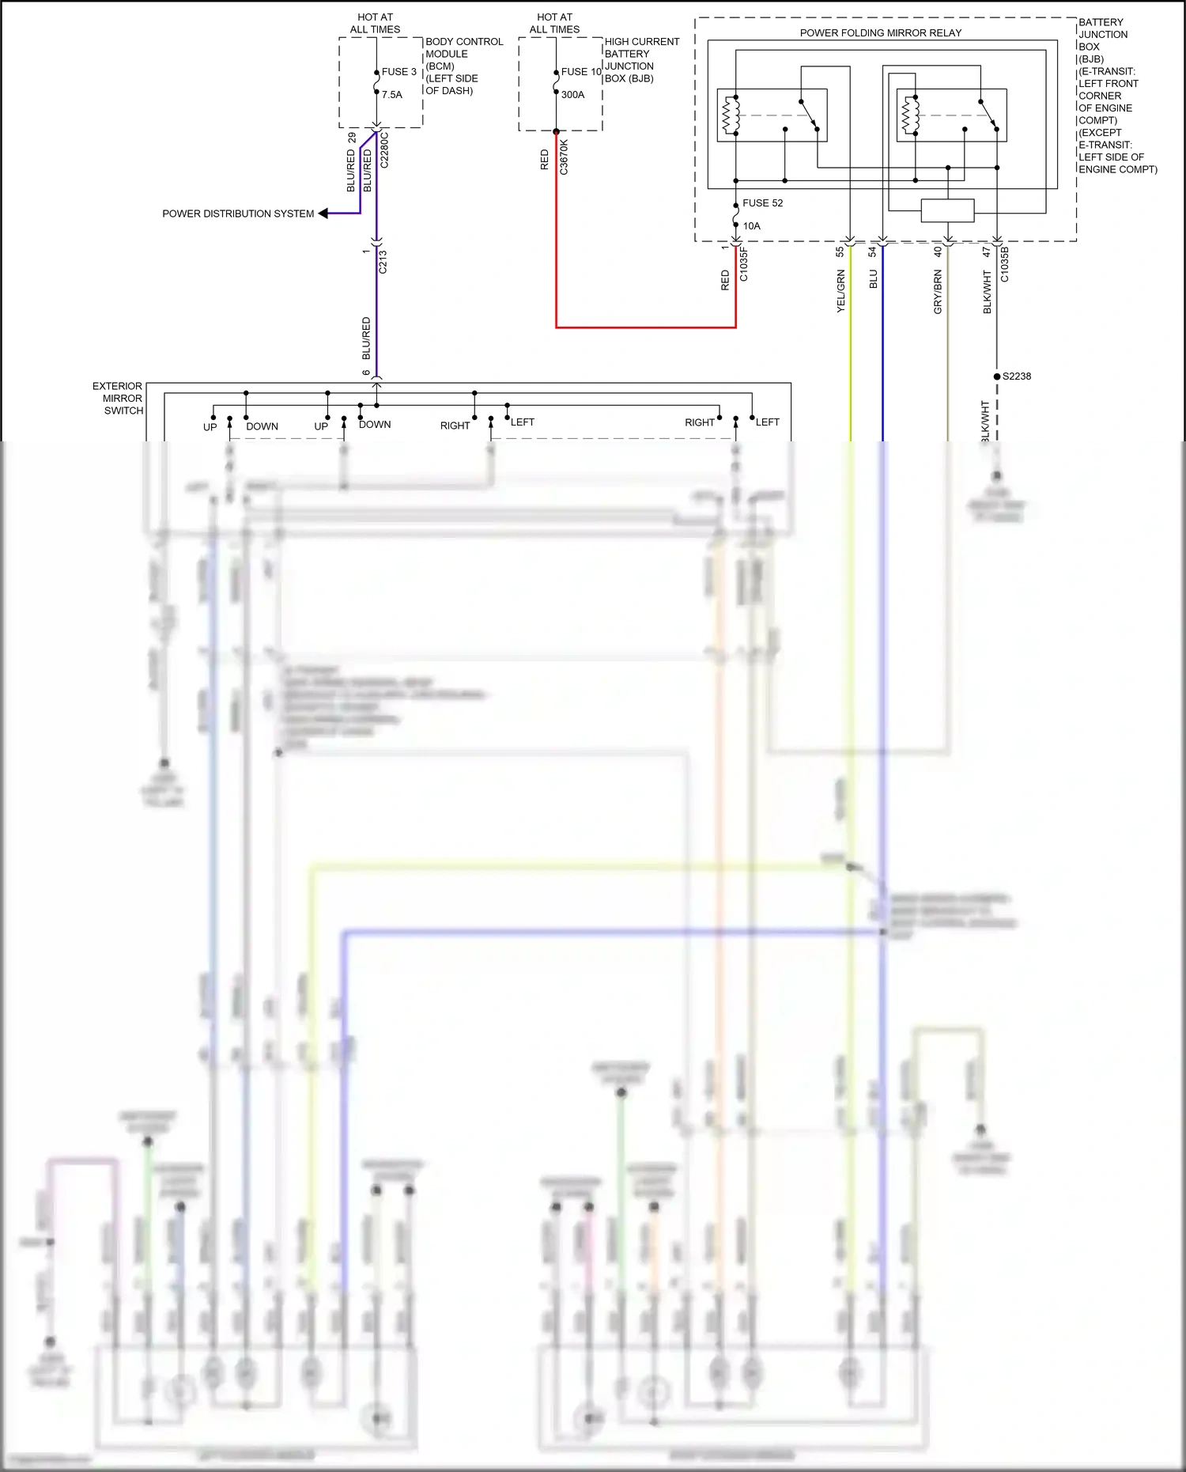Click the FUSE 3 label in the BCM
point(398,72)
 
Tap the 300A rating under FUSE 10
point(573,95)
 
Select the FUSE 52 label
point(762,203)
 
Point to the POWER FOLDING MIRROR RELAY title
point(880,33)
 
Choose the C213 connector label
point(383,262)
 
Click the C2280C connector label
point(384,150)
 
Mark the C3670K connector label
point(564,157)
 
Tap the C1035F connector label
point(743,264)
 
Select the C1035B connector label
point(1004,264)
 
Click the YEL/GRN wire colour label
point(840,291)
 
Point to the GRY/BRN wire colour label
point(938,292)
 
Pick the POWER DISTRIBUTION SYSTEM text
point(238,214)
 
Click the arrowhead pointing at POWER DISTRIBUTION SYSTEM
point(323,214)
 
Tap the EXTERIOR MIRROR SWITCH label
point(119,399)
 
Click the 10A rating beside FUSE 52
point(751,226)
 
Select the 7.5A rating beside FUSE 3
point(392,95)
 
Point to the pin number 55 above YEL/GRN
point(840,252)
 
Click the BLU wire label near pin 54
point(873,279)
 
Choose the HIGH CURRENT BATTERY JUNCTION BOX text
point(641,60)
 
